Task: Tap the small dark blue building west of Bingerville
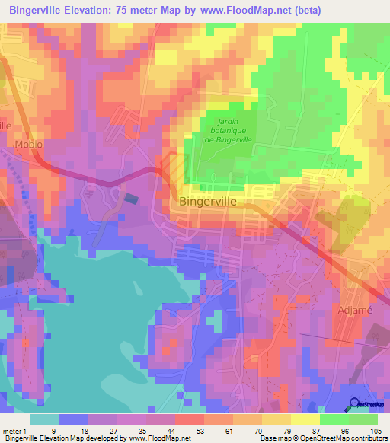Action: tap(132, 199)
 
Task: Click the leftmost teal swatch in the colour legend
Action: tap(44, 419)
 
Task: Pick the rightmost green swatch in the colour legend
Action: tap(363, 419)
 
